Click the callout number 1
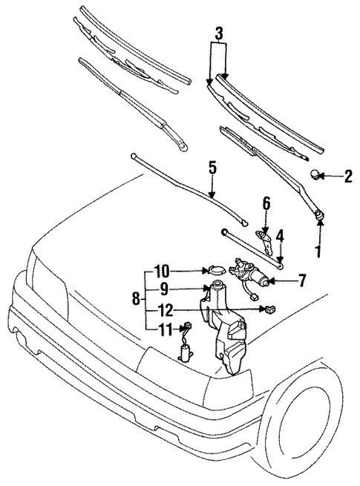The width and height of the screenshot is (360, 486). click(318, 252)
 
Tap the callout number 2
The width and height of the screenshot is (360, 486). click(347, 177)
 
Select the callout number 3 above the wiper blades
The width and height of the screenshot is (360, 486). click(218, 33)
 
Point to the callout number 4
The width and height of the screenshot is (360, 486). click(280, 237)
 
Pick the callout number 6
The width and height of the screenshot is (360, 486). click(266, 203)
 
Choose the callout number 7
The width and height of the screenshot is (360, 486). click(302, 280)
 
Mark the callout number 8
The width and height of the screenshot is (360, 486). click(134, 299)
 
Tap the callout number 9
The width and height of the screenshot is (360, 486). click(164, 289)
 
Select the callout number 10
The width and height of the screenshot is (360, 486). click(163, 271)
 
